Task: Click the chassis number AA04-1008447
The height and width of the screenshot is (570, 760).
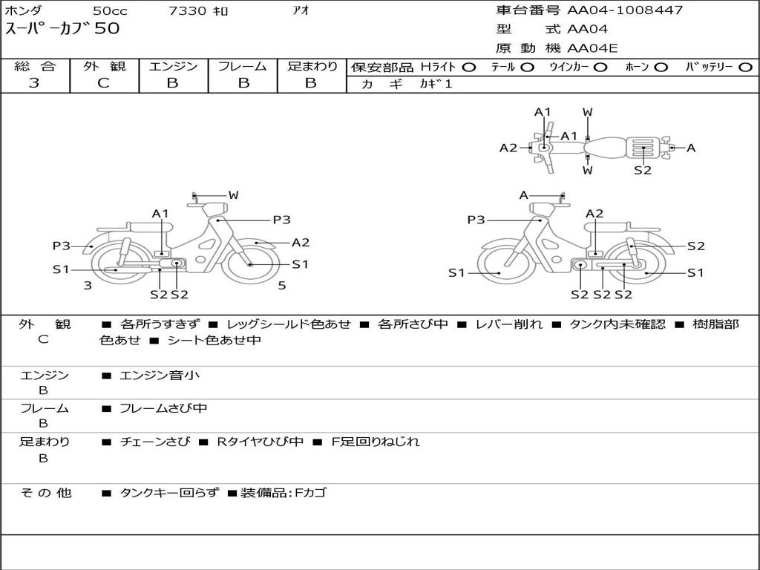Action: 625,10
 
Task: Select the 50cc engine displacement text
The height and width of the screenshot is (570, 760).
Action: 109,10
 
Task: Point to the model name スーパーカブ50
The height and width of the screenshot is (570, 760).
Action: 62,29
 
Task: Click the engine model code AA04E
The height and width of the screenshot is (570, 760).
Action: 592,49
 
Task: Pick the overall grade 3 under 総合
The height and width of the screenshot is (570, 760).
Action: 34,83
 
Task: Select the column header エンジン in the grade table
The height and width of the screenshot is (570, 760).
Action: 173,66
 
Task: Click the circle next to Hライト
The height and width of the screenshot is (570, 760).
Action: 468,67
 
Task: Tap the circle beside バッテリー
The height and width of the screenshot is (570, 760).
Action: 745,67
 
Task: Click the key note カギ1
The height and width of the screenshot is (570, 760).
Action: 436,84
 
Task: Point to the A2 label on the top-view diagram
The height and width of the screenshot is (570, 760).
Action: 508,148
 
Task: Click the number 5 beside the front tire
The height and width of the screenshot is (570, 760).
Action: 282,285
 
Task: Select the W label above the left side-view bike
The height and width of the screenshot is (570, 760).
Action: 233,195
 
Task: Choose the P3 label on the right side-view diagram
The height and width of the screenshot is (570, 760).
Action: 476,220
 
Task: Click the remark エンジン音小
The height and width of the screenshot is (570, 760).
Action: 160,376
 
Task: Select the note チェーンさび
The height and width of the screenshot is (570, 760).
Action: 155,442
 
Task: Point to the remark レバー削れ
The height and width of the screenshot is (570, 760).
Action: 508,324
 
